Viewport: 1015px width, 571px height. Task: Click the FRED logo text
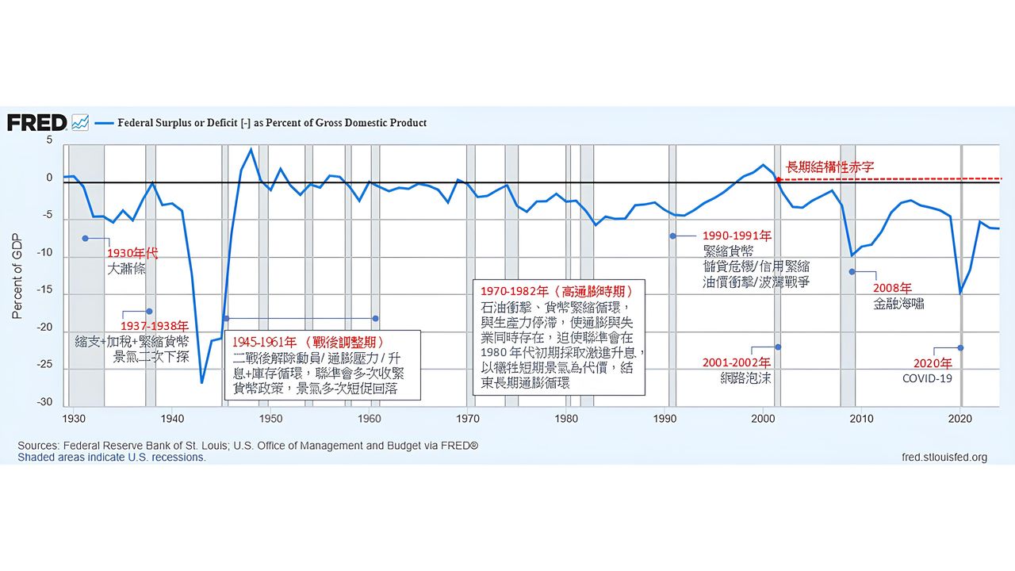pyautogui.click(x=36, y=122)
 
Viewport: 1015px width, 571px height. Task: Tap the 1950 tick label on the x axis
pyautogui.click(x=270, y=418)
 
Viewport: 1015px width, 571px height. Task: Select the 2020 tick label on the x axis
pyautogui.click(x=960, y=418)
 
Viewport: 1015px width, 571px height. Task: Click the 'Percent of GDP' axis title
pyautogui.click(x=17, y=274)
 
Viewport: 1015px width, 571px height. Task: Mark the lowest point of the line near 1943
pyautogui.click(x=201, y=382)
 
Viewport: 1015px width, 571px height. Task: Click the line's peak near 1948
pyautogui.click(x=251, y=149)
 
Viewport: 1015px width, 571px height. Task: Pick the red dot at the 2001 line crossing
pyautogui.click(x=779, y=180)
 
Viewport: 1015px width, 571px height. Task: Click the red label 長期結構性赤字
pyautogui.click(x=829, y=167)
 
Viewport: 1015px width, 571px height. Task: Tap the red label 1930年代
pyautogui.click(x=132, y=253)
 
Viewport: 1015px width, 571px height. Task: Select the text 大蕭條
pyautogui.click(x=127, y=269)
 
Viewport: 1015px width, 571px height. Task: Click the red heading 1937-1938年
pyautogui.click(x=155, y=326)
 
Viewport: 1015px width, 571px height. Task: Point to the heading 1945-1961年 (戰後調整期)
pyautogui.click(x=308, y=342)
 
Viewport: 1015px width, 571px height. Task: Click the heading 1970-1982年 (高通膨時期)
pyautogui.click(x=556, y=290)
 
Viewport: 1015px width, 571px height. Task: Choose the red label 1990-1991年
pyautogui.click(x=737, y=236)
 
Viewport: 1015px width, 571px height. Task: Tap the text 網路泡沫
pyautogui.click(x=745, y=378)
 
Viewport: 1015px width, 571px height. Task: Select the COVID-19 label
pyautogui.click(x=927, y=378)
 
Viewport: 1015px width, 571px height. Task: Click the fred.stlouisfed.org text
pyautogui.click(x=944, y=457)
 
